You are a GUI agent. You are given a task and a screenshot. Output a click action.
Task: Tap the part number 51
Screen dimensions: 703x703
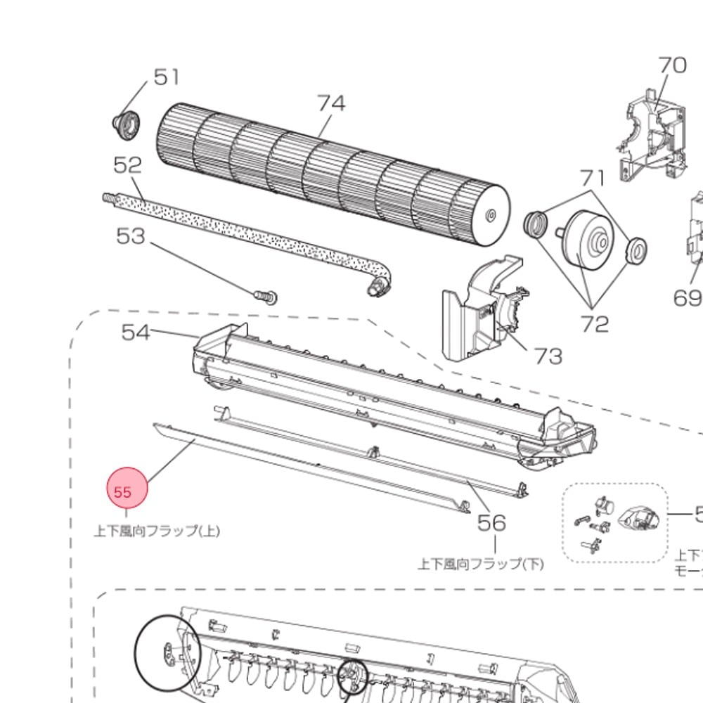[167, 77]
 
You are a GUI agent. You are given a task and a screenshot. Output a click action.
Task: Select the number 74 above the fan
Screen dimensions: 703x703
[332, 103]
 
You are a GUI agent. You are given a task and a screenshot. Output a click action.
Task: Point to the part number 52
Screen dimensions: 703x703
[128, 165]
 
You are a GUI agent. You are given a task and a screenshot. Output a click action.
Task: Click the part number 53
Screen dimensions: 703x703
[130, 236]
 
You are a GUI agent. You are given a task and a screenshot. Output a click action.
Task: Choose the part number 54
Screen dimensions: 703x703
[136, 332]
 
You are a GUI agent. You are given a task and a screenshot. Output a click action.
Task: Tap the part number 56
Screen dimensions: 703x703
[492, 522]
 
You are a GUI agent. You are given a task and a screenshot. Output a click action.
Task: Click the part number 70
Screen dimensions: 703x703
[672, 65]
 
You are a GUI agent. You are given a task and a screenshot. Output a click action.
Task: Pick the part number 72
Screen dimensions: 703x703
[594, 324]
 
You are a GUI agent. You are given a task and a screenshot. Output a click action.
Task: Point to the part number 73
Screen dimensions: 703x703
[548, 356]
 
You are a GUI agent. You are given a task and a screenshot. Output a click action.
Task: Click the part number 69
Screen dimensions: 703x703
[688, 298]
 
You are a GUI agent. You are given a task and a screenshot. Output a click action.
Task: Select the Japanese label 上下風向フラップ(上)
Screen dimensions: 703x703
[157, 531]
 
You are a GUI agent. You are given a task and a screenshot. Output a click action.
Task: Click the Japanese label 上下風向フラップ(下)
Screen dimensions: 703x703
[481, 563]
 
